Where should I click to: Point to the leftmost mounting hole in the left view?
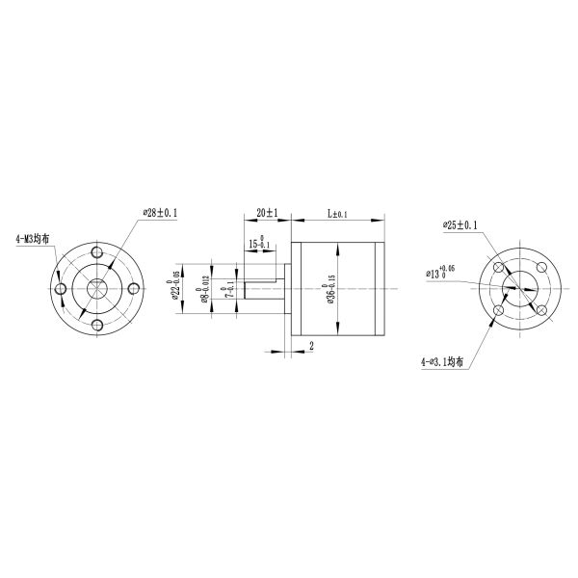tap(60, 288)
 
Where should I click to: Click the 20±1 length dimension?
tap(267, 212)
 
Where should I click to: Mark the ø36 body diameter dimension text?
tap(329, 289)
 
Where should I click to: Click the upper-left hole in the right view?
tap(498, 267)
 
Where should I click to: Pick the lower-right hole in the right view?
tap(541, 309)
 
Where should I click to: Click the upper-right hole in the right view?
tap(541, 267)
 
